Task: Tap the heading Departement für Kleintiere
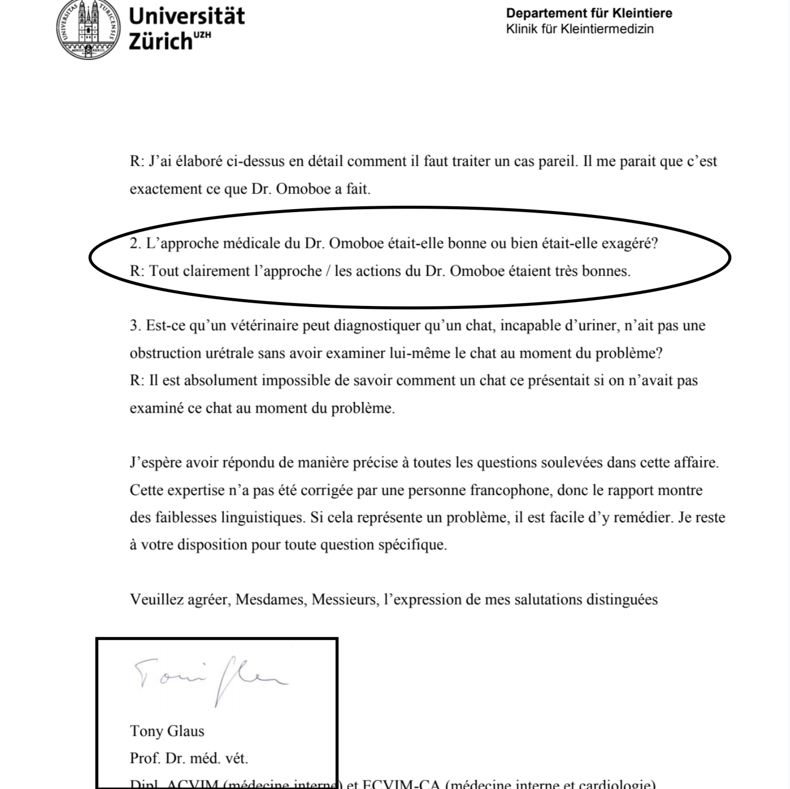click(589, 13)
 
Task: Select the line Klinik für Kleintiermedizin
click(580, 29)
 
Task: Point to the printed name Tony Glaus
click(167, 731)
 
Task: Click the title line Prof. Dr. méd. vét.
click(188, 758)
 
